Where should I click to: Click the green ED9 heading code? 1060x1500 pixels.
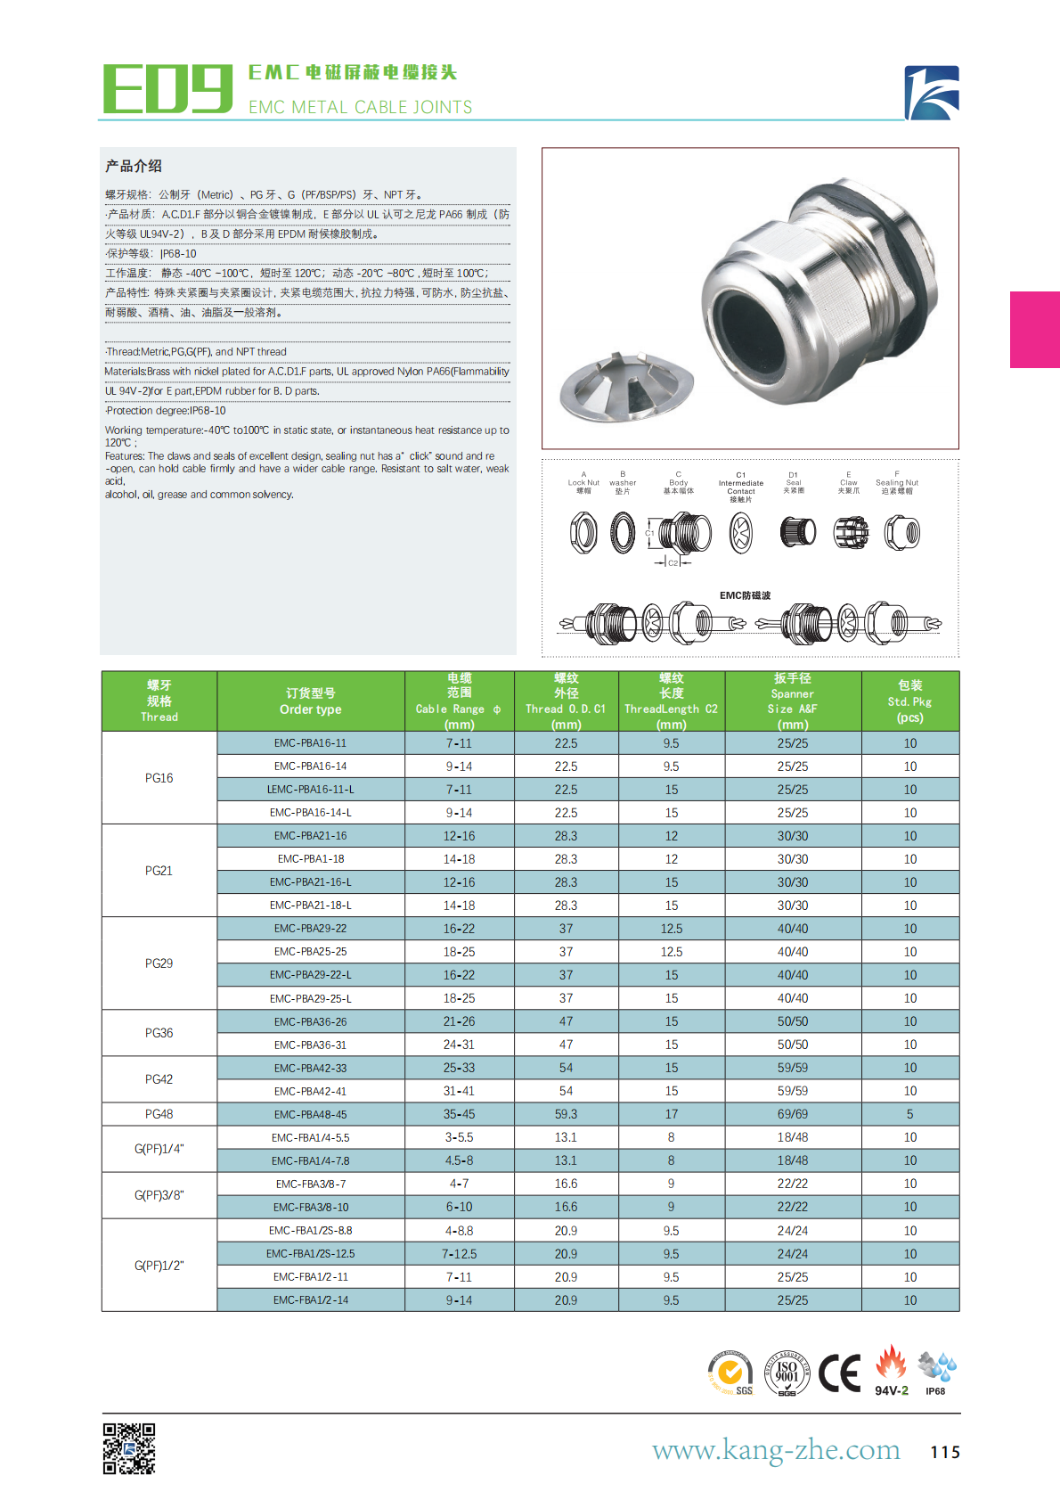click(x=167, y=89)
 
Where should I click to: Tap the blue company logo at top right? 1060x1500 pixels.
click(x=932, y=93)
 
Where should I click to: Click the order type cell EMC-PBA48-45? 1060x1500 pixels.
click(x=310, y=1114)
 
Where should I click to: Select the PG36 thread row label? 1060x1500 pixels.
click(x=159, y=1033)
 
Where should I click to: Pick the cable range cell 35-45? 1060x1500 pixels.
click(x=459, y=1114)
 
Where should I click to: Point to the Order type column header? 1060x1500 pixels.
click(x=310, y=701)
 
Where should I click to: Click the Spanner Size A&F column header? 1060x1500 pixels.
click(x=792, y=701)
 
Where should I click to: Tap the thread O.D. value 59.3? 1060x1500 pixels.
click(x=566, y=1114)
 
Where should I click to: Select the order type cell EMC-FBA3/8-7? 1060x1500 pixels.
click(x=310, y=1184)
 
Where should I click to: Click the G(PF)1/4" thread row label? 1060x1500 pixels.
click(x=159, y=1149)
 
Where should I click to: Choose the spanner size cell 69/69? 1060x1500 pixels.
click(x=792, y=1114)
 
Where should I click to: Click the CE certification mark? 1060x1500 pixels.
click(x=839, y=1373)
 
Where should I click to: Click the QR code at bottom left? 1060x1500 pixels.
click(x=129, y=1448)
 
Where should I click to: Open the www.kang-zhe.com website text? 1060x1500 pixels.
click(x=776, y=1450)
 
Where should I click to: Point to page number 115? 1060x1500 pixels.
click(x=945, y=1452)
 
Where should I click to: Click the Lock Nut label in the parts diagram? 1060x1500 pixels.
click(x=583, y=482)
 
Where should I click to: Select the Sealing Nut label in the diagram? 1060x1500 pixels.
click(x=897, y=482)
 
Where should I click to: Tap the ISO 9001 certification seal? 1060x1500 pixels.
click(x=787, y=1373)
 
